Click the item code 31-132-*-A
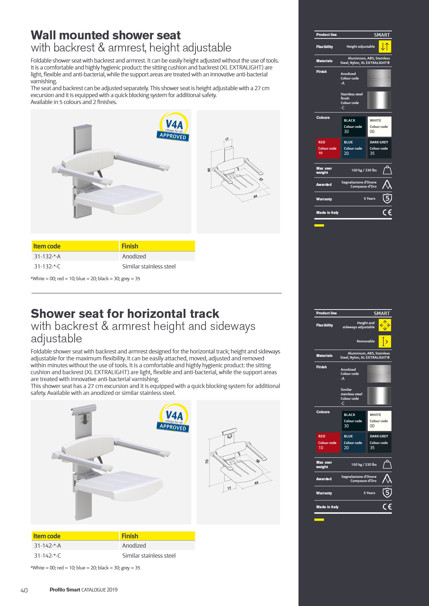pos(47,256)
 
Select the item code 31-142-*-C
pos(47,556)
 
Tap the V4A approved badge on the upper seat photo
pos(174,127)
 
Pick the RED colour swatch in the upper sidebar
pos(327,148)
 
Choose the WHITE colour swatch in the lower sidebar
pos(379,420)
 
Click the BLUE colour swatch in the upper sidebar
pos(353,148)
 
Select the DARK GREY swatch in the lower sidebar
pos(379,442)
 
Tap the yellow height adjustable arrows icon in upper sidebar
pos(385,47)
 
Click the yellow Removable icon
pos(385,341)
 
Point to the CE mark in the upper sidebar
pos(387,212)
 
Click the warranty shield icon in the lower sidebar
pos(387,493)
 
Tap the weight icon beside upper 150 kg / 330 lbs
pos(387,170)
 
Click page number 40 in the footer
pos(24,590)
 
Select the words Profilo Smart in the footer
pos(65,590)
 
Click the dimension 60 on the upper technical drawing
pos(209,170)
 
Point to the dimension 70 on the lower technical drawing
pos(207,461)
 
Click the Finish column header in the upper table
pos(130,246)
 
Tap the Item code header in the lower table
pos(47,536)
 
